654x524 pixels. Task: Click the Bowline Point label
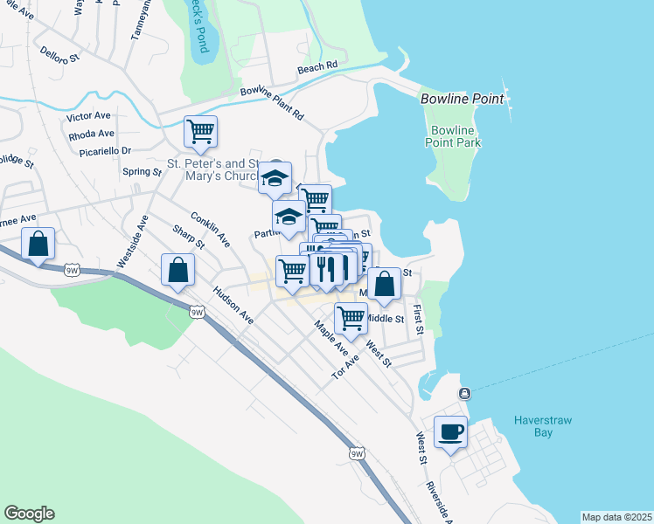[x=463, y=99]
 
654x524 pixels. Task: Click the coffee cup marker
[x=451, y=431]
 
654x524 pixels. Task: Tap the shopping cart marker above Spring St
[x=201, y=132]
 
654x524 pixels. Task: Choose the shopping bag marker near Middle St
[x=384, y=283]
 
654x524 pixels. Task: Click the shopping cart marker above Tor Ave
[x=351, y=318]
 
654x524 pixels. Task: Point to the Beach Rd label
[x=317, y=66]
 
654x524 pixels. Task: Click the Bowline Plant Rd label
[x=271, y=102]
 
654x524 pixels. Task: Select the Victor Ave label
[x=88, y=115]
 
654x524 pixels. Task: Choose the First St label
[x=419, y=320]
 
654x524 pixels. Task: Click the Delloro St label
[x=59, y=55]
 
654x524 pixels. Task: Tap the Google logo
[x=29, y=514]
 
